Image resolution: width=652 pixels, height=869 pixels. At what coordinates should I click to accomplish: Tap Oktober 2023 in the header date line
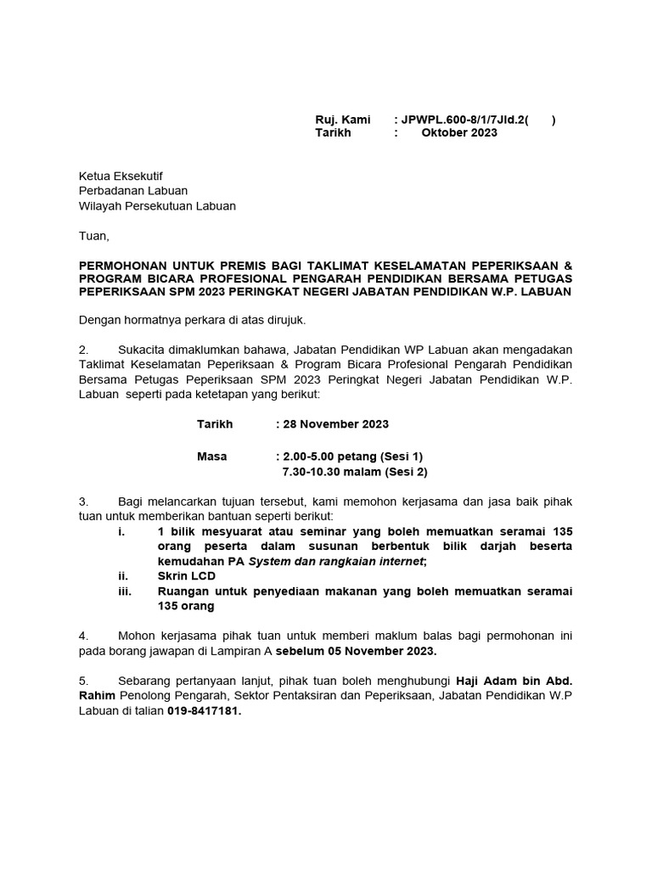pyautogui.click(x=459, y=133)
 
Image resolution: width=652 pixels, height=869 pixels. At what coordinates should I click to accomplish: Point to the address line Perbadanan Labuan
pyautogui.click(x=133, y=191)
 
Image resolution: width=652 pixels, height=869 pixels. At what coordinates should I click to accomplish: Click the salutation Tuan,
pyautogui.click(x=94, y=235)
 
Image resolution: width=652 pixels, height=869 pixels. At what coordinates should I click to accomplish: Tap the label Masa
pyautogui.click(x=212, y=457)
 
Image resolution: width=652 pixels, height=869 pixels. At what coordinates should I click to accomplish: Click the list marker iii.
pyautogui.click(x=125, y=591)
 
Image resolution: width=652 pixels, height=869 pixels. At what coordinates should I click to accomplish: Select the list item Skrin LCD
pyautogui.click(x=187, y=576)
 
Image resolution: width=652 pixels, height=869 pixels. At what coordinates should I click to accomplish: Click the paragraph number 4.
pyautogui.click(x=83, y=636)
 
